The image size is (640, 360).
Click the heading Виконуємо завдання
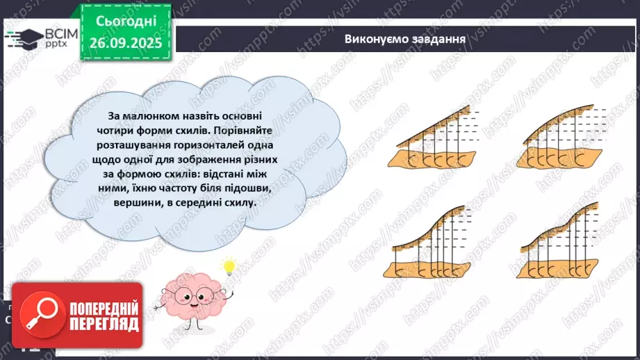[404, 38]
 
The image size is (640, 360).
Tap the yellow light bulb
[227, 267]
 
